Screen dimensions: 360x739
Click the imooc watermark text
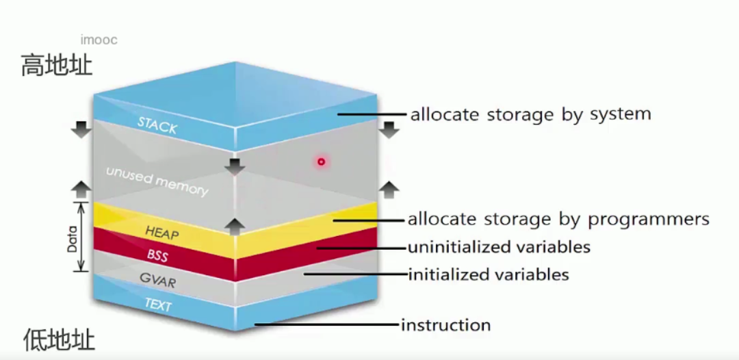tap(99, 40)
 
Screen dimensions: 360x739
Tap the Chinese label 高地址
tap(56, 66)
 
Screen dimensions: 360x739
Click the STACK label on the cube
tap(157, 125)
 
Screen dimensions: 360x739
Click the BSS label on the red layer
tap(157, 255)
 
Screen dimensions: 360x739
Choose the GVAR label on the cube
tap(157, 279)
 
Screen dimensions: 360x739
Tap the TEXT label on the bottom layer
tap(158, 305)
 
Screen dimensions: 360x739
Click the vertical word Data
tap(72, 237)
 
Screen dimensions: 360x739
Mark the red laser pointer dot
tap(320, 162)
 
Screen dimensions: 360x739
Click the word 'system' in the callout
tap(619, 114)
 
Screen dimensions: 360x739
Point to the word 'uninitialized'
tap(456, 246)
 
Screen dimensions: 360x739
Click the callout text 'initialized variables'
tap(489, 275)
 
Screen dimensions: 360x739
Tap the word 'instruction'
tap(445, 324)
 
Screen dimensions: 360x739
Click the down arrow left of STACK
tap(81, 128)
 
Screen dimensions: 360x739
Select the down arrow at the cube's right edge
tap(389, 128)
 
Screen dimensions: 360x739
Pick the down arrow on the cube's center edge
tap(235, 165)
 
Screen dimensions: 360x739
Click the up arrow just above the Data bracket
tap(81, 189)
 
